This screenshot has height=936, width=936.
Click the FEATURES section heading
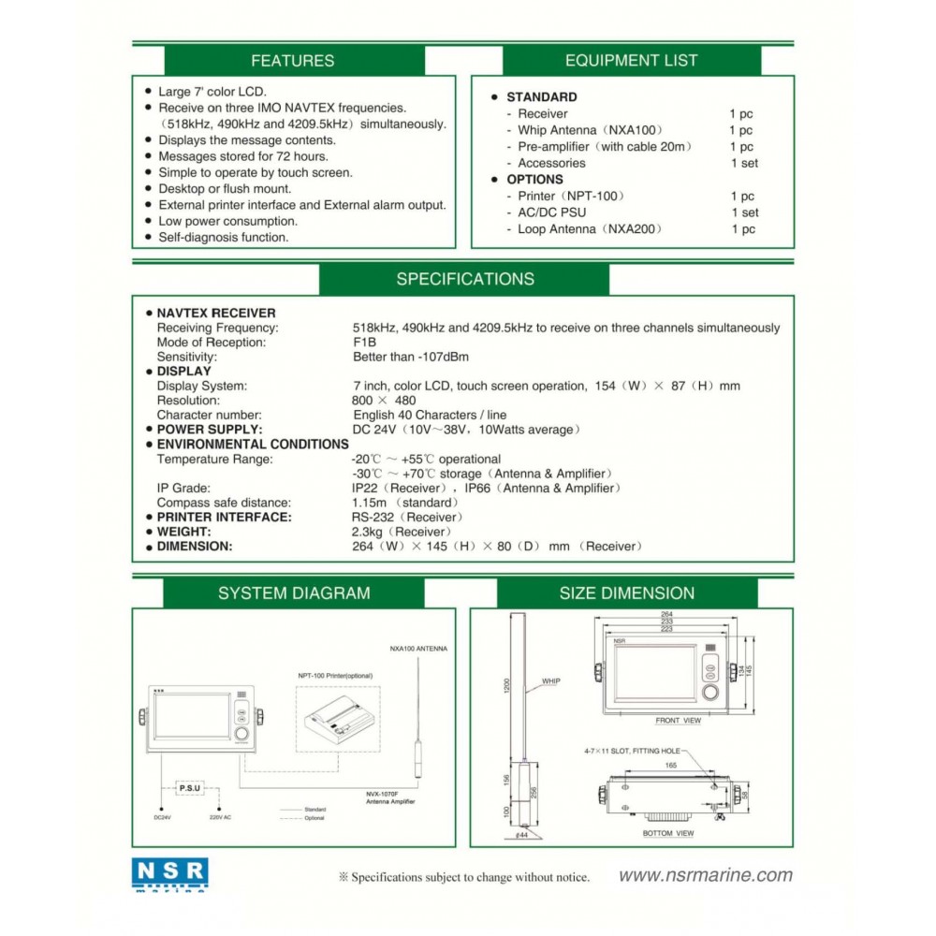[292, 61]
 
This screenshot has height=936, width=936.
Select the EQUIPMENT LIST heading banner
[631, 61]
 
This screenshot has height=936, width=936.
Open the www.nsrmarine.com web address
[705, 876]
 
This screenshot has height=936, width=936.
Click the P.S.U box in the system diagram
[189, 789]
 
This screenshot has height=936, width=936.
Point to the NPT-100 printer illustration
[338, 721]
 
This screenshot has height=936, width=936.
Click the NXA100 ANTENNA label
[418, 648]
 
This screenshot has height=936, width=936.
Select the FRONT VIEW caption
[678, 721]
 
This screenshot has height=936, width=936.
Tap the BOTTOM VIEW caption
[668, 833]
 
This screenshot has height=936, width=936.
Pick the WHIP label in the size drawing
[550, 681]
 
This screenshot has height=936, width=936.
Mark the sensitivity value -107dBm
[411, 357]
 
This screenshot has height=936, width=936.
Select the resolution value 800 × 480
[384, 401]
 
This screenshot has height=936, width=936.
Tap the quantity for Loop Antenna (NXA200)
[743, 229]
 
